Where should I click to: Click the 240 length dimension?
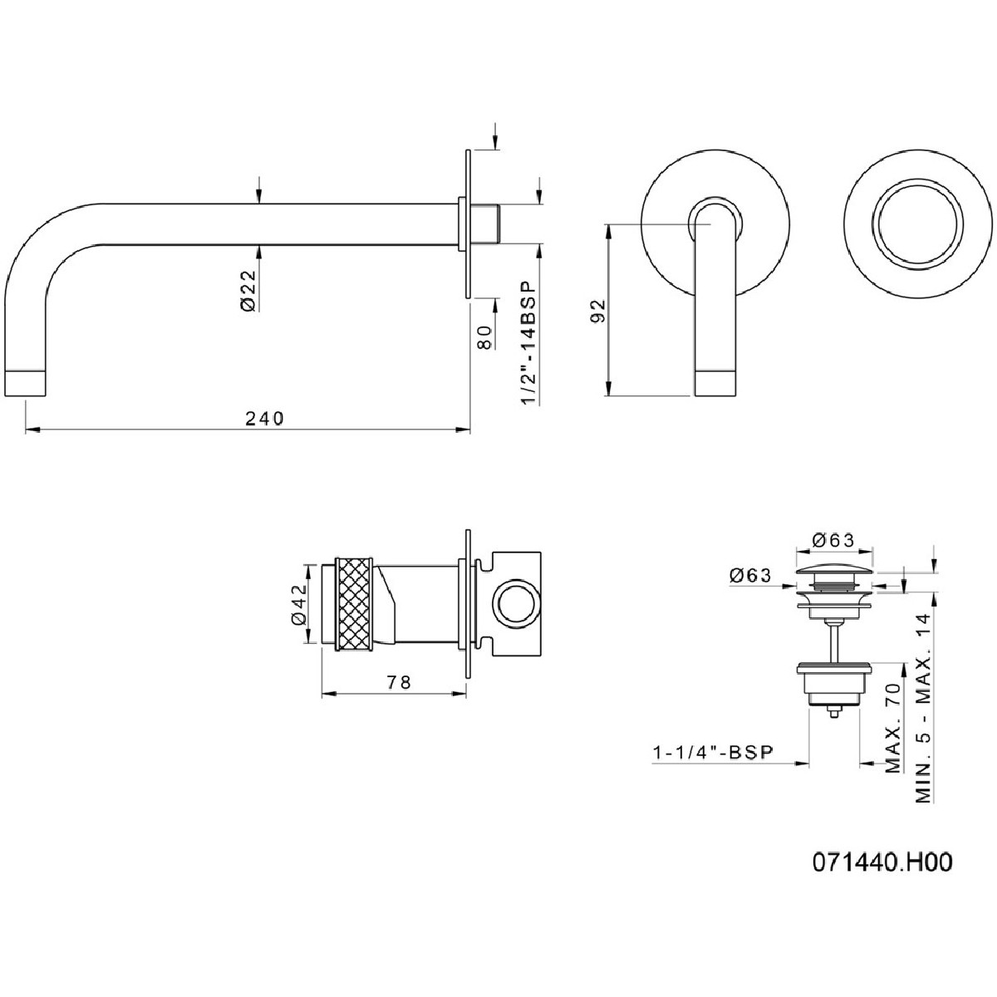(x=264, y=418)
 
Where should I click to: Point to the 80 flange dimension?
(x=484, y=337)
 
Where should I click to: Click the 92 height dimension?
(x=598, y=311)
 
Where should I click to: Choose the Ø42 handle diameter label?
(x=300, y=604)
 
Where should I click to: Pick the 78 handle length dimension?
(x=399, y=682)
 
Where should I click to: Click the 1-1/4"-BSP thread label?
(x=713, y=752)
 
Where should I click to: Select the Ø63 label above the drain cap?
(x=833, y=541)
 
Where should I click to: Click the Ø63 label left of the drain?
(x=751, y=575)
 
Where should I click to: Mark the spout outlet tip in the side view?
(x=27, y=384)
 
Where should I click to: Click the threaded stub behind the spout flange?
(x=486, y=224)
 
